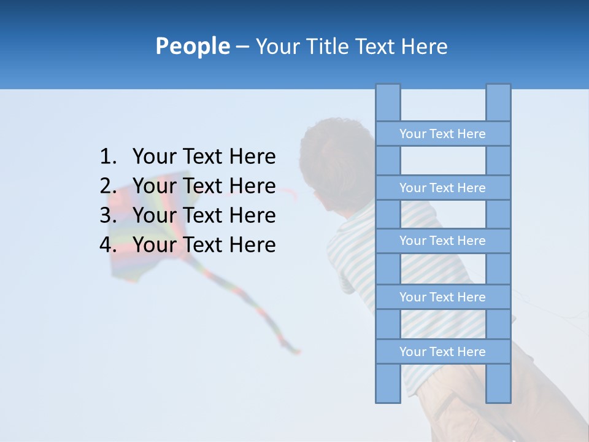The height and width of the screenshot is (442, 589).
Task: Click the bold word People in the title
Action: click(192, 46)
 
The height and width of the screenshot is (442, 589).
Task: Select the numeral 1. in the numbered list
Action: click(108, 157)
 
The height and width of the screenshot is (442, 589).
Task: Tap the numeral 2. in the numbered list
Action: click(108, 186)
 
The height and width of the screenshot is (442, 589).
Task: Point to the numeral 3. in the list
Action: click(108, 215)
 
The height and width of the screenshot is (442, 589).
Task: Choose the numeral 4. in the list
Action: click(108, 245)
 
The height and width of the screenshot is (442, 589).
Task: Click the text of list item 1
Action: click(204, 157)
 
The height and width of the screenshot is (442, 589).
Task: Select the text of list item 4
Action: click(204, 245)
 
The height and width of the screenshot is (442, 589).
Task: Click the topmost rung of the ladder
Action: click(442, 134)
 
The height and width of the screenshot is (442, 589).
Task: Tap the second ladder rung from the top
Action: click(442, 188)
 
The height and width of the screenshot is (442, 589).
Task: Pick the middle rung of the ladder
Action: click(442, 241)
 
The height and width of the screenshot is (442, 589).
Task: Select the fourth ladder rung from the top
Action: click(442, 297)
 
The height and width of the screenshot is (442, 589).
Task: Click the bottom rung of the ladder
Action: click(442, 352)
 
